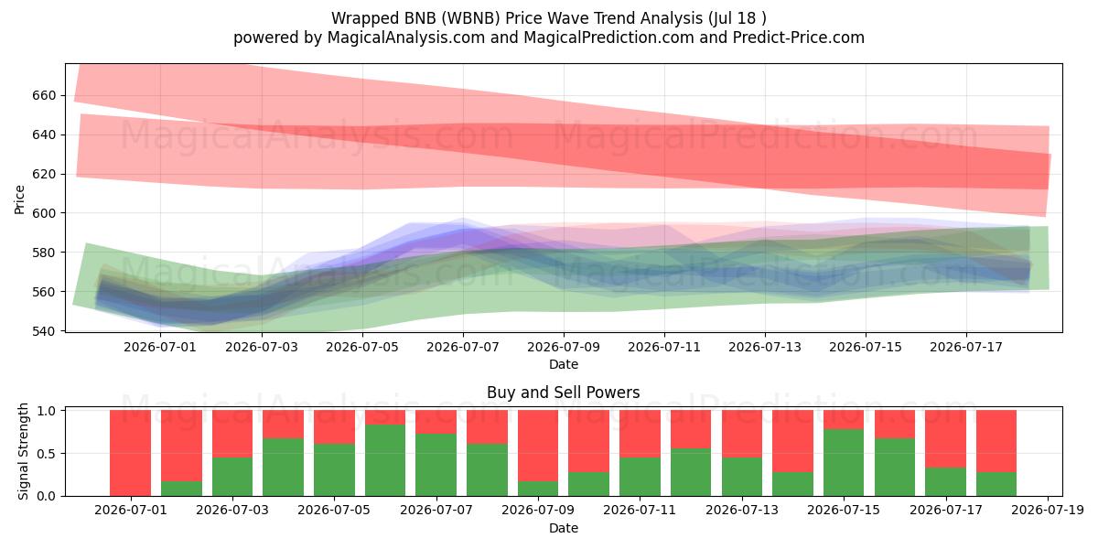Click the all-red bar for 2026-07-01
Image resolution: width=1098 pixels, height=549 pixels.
click(130, 453)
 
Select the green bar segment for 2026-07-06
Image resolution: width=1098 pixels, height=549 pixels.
click(385, 460)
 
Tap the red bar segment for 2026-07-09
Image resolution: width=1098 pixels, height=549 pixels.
click(538, 446)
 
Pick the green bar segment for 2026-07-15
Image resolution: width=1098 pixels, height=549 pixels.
click(844, 463)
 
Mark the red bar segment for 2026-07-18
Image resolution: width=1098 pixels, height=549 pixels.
click(996, 441)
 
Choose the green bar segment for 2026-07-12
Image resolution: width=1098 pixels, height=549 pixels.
click(691, 472)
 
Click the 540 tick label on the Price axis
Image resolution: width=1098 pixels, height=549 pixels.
click(44, 331)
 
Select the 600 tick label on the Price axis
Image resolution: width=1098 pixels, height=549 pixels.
click(44, 213)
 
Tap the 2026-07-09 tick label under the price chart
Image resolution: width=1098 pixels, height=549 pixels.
click(564, 347)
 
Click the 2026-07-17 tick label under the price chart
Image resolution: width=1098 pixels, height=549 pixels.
click(966, 347)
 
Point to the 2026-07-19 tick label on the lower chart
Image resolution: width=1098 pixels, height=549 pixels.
click(1048, 510)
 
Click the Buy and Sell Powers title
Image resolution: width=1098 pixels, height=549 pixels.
click(564, 393)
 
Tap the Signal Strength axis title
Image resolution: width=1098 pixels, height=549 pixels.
click(23, 451)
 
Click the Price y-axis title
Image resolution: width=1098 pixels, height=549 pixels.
click(19, 199)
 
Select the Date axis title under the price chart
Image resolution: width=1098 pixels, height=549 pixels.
click(564, 364)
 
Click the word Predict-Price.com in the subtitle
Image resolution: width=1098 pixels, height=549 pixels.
click(799, 38)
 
